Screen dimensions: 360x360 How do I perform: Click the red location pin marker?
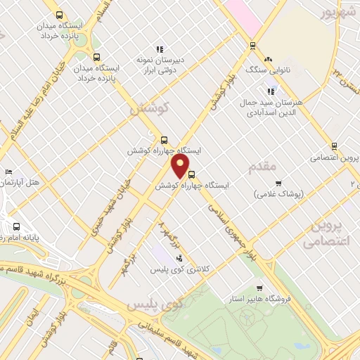click(x=181, y=165)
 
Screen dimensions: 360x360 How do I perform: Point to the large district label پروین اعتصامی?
click(x=326, y=233)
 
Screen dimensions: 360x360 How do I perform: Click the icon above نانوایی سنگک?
click(x=269, y=59)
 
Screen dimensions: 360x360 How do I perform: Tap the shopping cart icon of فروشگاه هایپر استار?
click(x=260, y=288)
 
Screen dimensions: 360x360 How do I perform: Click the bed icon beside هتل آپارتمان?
click(x=8, y=172)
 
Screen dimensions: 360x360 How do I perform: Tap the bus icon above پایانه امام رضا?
click(x=17, y=226)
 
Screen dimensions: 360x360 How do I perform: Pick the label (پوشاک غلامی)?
click(x=278, y=193)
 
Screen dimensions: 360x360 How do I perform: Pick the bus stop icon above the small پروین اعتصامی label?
click(x=334, y=146)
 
